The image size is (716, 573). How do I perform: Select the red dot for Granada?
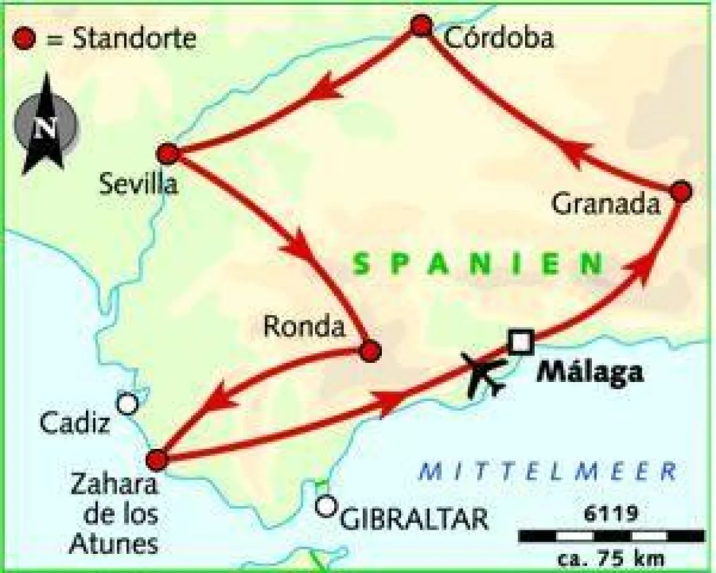click(x=681, y=191)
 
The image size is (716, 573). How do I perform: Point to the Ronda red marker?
click(x=370, y=350)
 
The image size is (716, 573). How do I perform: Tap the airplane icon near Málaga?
click(x=486, y=376)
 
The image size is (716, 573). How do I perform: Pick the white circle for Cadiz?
click(x=127, y=403)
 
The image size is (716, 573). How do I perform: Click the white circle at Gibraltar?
click(x=326, y=506)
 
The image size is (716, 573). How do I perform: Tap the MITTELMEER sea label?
click(x=547, y=472)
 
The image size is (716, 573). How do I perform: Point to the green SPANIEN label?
click(x=478, y=264)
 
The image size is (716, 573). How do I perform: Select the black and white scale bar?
click(x=611, y=536)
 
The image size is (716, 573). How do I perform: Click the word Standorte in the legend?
click(x=134, y=39)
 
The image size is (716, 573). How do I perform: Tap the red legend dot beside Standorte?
click(x=24, y=39)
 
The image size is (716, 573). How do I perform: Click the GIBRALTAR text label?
click(x=414, y=519)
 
